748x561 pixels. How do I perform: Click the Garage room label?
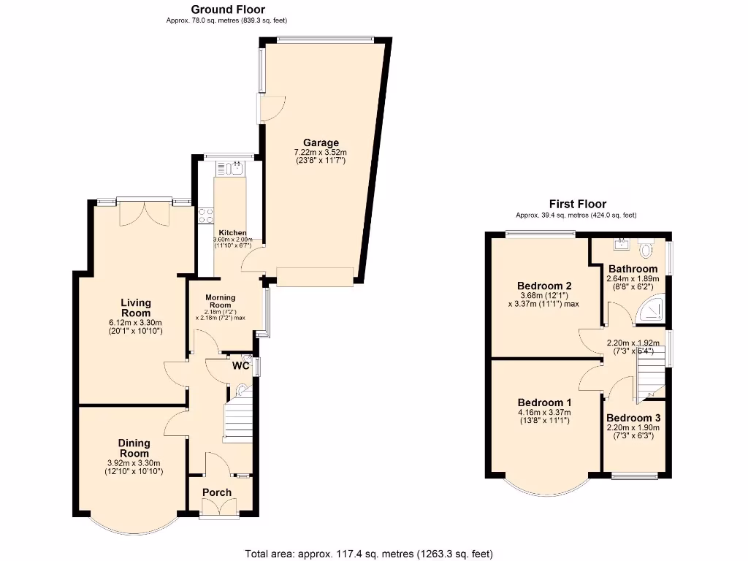coord(321,142)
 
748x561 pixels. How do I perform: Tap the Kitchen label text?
coord(229,232)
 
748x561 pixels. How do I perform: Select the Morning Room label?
coord(220,301)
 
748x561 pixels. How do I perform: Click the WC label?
coord(240,365)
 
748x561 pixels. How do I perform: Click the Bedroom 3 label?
coord(633,418)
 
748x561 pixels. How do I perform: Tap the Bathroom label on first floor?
coord(633,269)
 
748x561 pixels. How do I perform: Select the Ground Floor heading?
coord(228,9)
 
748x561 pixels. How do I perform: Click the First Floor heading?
coord(578,204)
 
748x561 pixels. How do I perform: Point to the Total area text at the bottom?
coord(373,553)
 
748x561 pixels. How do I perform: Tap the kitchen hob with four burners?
coord(206,215)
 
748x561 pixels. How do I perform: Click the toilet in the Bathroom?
coord(645,251)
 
